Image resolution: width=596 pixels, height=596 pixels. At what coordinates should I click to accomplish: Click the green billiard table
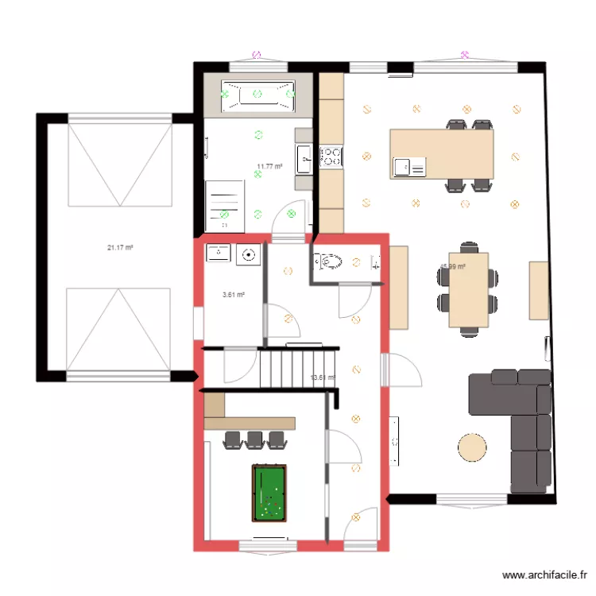[269, 493]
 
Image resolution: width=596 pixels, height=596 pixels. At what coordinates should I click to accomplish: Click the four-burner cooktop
[331, 156]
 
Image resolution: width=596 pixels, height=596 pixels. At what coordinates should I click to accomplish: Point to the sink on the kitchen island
[402, 167]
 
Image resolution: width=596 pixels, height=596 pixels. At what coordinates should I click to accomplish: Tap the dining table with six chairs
[468, 290]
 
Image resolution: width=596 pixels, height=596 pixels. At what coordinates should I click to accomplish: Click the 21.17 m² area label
[120, 248]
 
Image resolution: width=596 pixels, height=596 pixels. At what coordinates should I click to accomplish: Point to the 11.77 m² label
[269, 167]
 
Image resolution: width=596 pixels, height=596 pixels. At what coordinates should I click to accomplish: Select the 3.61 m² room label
[233, 295]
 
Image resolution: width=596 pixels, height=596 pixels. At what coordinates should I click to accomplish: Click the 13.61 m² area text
[322, 377]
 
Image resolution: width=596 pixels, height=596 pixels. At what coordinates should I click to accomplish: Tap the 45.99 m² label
[452, 267]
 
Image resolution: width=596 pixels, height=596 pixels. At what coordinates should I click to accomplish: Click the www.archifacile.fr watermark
[545, 575]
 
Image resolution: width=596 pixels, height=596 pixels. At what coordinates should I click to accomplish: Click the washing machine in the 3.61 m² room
[250, 254]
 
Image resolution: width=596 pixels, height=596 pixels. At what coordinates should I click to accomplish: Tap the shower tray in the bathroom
[224, 200]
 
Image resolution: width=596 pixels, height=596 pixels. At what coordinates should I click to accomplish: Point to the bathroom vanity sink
[304, 158]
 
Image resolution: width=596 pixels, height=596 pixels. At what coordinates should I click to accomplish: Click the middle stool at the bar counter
[254, 439]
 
